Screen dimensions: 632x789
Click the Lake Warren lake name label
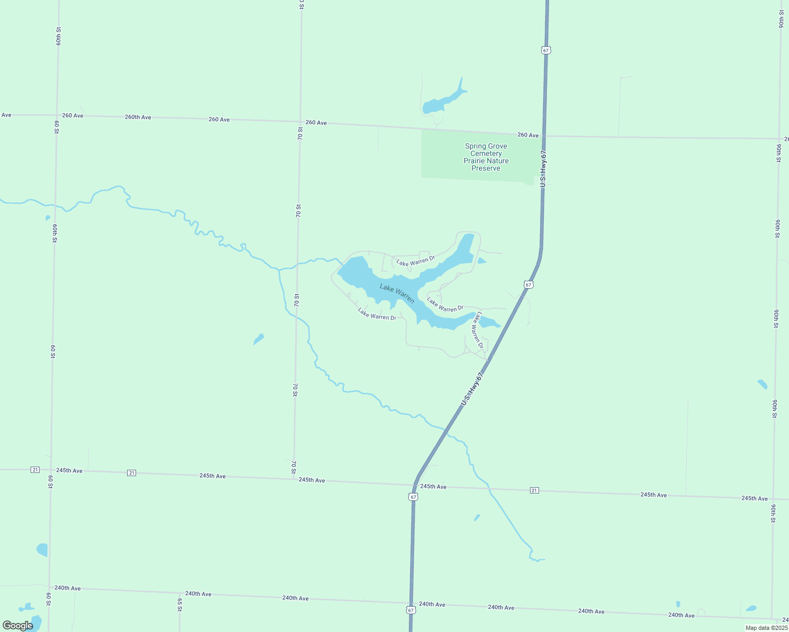(x=397, y=293)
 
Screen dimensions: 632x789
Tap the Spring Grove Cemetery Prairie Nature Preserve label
(x=486, y=157)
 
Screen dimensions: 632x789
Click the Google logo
(x=17, y=625)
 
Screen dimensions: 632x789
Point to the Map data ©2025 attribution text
(x=766, y=628)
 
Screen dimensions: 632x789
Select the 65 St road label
(x=180, y=605)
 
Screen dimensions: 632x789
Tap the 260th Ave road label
(x=138, y=117)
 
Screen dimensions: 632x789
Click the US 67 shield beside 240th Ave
(x=411, y=610)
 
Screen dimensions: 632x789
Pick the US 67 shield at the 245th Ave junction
(x=413, y=497)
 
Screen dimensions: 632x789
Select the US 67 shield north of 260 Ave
(x=546, y=50)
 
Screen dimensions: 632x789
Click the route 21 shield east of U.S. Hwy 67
(x=534, y=490)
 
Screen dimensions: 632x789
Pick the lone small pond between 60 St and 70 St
(x=258, y=339)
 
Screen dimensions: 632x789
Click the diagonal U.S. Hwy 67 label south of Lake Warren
(x=472, y=389)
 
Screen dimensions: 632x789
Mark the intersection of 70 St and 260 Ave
(x=301, y=122)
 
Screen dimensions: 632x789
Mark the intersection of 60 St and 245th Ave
(x=51, y=470)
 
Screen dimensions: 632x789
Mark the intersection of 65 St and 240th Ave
(x=180, y=592)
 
